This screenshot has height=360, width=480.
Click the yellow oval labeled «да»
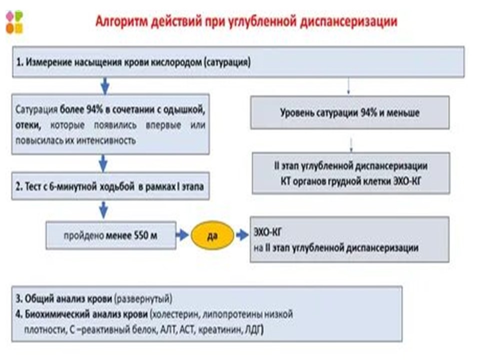point(212,233)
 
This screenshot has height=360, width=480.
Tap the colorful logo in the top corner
point(14,21)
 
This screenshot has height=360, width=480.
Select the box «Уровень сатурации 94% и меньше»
point(349,112)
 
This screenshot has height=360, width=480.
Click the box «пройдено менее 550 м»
point(111,234)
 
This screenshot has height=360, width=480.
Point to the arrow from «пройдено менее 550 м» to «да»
point(181,234)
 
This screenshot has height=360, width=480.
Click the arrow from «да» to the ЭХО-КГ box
point(242,233)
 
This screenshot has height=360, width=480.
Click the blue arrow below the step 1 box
point(104,86)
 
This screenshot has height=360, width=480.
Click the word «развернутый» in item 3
point(143,299)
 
